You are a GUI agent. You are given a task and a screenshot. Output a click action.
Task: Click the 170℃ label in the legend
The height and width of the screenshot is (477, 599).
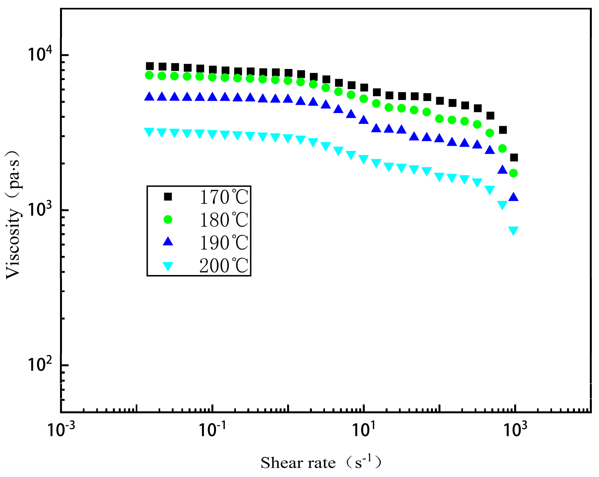224,197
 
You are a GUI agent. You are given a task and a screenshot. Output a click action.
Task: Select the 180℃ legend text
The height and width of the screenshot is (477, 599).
224,220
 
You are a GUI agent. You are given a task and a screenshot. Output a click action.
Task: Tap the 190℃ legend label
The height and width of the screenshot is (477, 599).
224,243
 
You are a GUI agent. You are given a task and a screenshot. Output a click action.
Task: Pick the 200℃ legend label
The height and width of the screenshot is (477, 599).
224,266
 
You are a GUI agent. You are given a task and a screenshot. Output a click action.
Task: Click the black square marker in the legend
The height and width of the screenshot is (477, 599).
168,197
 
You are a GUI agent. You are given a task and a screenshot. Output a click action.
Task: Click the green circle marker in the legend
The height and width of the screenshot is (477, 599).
168,220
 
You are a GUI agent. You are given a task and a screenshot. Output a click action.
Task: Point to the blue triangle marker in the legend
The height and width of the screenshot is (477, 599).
168,242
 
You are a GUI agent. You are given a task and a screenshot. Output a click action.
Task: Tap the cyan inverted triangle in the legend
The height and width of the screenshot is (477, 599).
168,266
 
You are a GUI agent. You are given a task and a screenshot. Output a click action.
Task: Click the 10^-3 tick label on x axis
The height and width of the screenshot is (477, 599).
61,429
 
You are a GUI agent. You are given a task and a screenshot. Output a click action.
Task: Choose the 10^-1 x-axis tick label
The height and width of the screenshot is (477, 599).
212,429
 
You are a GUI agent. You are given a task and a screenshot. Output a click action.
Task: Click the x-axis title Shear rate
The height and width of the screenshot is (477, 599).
298,463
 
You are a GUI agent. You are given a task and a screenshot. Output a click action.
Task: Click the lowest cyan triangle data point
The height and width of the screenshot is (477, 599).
513,231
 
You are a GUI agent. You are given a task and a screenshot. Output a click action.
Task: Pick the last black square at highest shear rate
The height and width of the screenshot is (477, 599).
514,158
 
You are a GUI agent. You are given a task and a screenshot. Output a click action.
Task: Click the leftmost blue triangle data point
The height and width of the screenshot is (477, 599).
149,96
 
